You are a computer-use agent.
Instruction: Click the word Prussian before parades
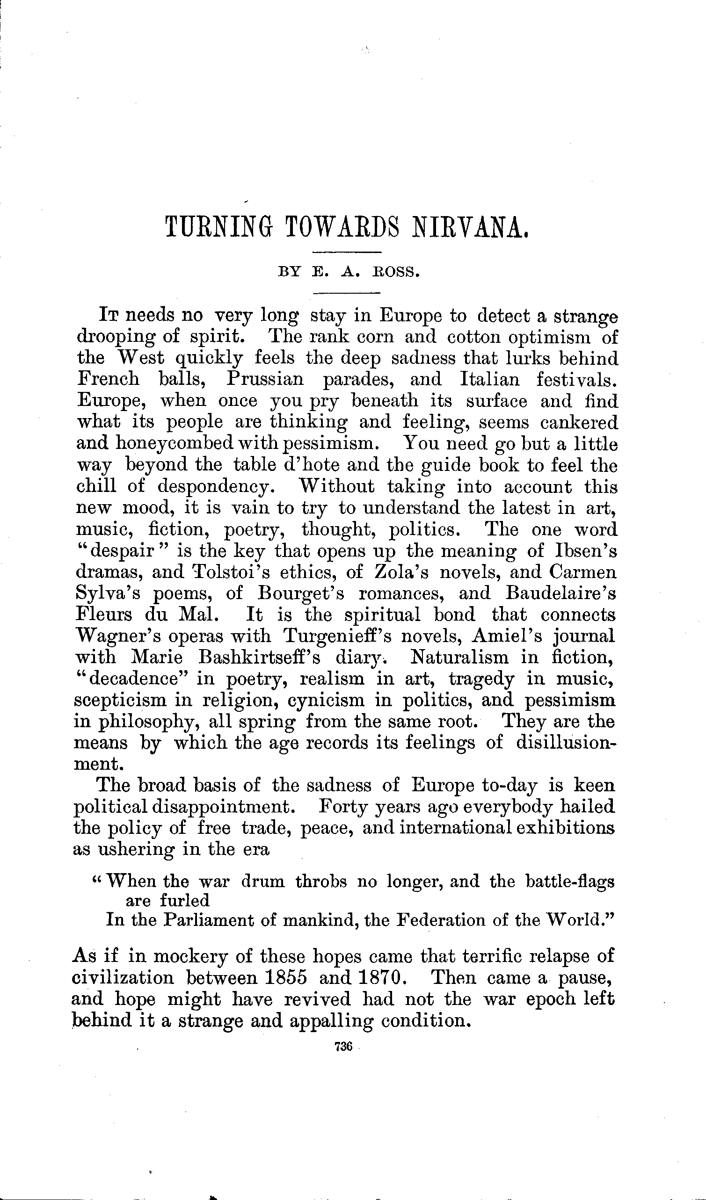[x=265, y=380]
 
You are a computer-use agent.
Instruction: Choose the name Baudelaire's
[x=560, y=593]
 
